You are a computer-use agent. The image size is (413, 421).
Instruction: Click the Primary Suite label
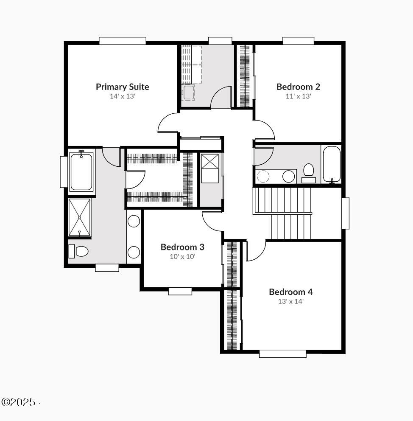[x=122, y=87]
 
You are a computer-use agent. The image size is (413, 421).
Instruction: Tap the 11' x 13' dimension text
[x=298, y=96]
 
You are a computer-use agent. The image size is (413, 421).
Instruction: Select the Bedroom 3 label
[x=182, y=247]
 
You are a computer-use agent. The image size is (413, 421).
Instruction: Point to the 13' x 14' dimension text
[x=290, y=302]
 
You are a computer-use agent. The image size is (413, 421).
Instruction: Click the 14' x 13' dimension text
[x=122, y=96]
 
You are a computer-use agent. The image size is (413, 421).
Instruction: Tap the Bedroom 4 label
[x=290, y=292]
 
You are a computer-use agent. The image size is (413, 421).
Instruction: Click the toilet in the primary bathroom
[x=78, y=251]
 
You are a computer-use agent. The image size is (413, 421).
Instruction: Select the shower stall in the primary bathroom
[x=80, y=217]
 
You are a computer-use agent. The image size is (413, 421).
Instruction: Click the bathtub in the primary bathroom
[x=81, y=171]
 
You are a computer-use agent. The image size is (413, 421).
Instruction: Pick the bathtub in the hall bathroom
[x=331, y=165]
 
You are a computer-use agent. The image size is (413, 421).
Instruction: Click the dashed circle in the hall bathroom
[x=263, y=176]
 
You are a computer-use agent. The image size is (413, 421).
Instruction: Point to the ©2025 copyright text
[x=19, y=402]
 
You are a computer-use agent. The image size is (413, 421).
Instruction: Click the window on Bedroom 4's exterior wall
[x=282, y=353]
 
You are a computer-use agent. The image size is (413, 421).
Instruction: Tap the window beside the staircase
[x=346, y=213]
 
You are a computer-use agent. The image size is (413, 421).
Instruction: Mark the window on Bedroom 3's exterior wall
[x=180, y=291]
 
